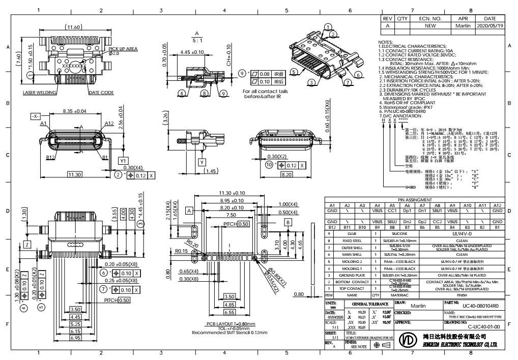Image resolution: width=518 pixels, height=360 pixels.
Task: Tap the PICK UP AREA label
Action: (124, 48)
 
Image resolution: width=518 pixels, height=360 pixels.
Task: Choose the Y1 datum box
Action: (123, 160)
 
